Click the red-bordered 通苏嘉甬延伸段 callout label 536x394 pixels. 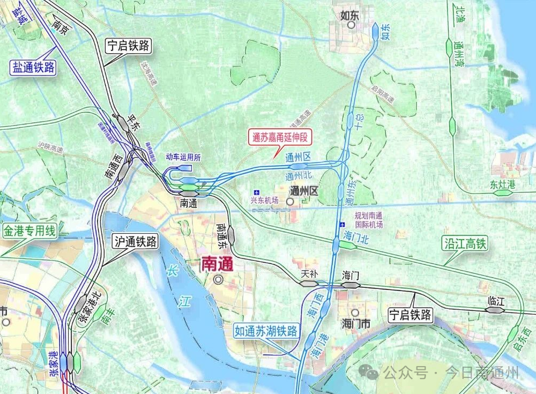[280, 137]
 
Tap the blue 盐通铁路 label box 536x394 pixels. [33, 67]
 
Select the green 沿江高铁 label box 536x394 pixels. [465, 244]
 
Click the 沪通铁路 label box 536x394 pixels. [136, 242]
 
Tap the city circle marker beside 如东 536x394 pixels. [352, 25]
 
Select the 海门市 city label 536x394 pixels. [356, 324]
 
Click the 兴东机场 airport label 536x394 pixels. [265, 200]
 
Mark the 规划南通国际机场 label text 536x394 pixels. [369, 220]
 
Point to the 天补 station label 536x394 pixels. [309, 274]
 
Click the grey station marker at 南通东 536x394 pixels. [232, 234]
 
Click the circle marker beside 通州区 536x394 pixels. [289, 202]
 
